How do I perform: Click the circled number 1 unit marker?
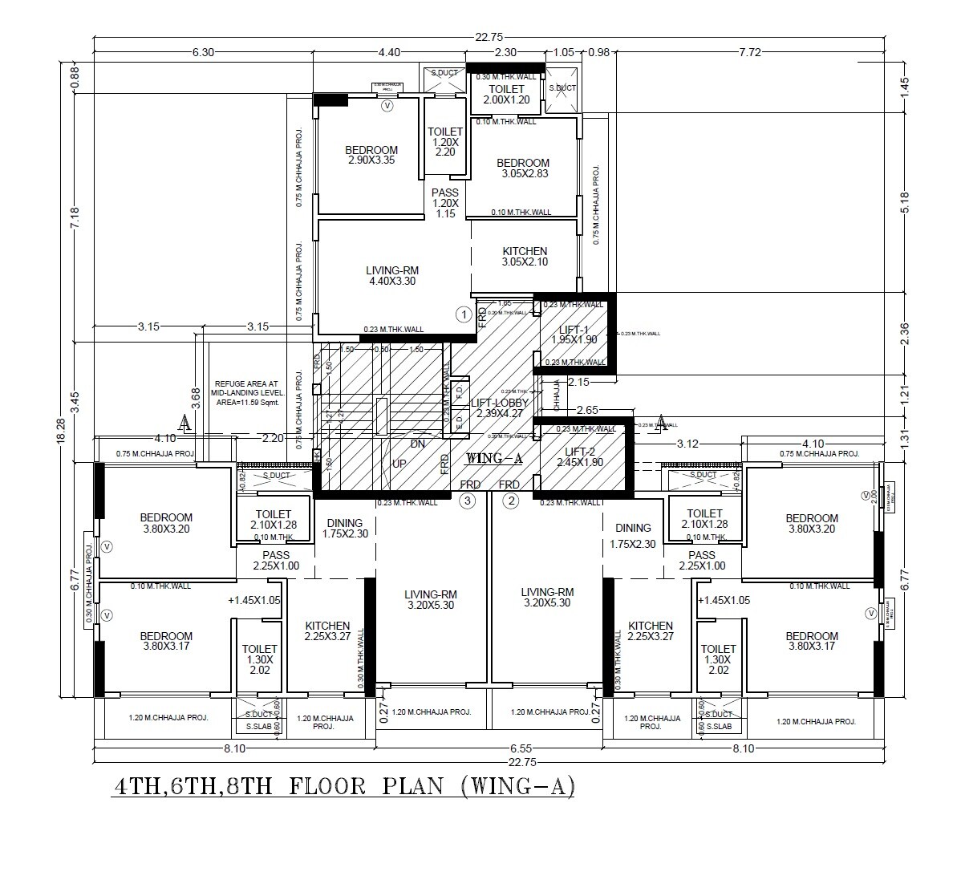(x=463, y=314)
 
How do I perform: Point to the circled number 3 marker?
(x=468, y=501)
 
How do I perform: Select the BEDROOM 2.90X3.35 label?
(x=371, y=155)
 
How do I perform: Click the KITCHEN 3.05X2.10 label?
(x=525, y=257)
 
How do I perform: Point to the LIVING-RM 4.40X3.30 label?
(x=392, y=275)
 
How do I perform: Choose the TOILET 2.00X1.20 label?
(x=506, y=94)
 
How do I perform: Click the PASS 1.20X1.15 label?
(x=445, y=203)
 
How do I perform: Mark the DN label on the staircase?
(x=417, y=444)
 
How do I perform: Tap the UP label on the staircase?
(x=399, y=464)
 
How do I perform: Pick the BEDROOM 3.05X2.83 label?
(x=523, y=168)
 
